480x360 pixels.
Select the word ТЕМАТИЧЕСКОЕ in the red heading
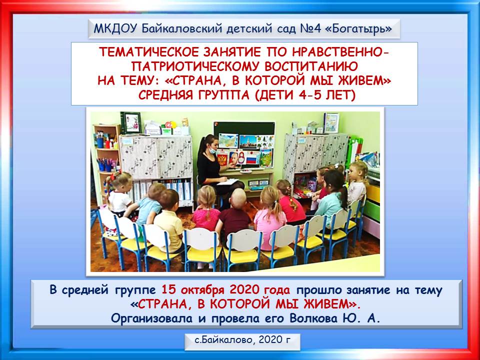pos(149,52)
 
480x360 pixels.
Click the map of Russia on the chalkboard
pos(228,140)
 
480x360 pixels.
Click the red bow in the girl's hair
pos(114,176)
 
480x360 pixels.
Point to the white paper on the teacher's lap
pos(228,182)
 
